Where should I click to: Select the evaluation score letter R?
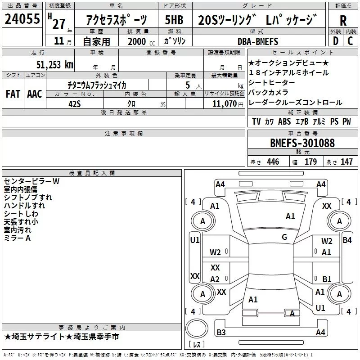coord(343,20)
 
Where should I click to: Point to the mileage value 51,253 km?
coord(54,64)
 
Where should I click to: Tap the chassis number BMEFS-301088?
coord(302,143)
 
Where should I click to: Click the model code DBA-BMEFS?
coord(258,41)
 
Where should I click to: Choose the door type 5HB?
coord(174,20)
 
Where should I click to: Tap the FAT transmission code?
coord(13,94)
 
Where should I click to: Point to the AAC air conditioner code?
coord(34,94)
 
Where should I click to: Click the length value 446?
coord(272,162)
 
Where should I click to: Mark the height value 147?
coord(346,162)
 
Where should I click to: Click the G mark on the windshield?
coord(284,237)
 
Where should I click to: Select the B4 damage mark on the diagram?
coord(347,240)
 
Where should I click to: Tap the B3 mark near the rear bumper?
coord(221,333)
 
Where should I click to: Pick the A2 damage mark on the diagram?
coord(215,279)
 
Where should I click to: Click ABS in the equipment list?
coord(284,121)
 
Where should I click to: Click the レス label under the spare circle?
coord(197,345)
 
